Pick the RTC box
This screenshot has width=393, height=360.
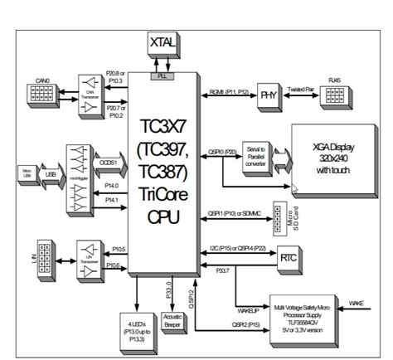click(x=289, y=259)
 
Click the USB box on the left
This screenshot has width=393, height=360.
click(x=50, y=173)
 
